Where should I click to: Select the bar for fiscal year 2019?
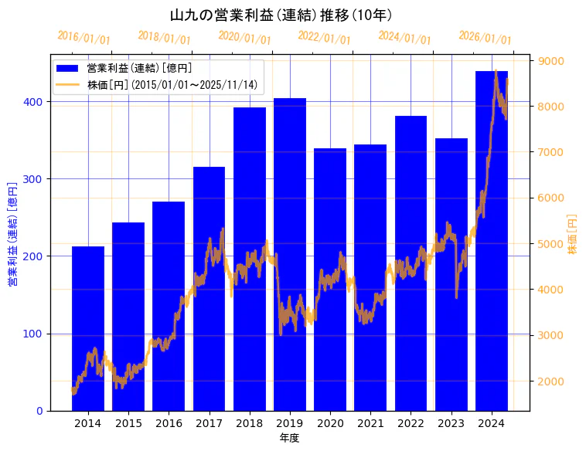pyautogui.click(x=290, y=255)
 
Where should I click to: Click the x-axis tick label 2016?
pyautogui.click(x=169, y=423)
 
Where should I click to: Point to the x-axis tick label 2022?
pyautogui.click(x=411, y=423)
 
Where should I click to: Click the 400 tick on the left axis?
pyautogui.click(x=36, y=102)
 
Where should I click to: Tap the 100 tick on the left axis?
pyautogui.click(x=36, y=334)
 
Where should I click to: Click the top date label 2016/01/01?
pyautogui.click(x=84, y=38)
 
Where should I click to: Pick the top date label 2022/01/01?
pyautogui.click(x=325, y=38)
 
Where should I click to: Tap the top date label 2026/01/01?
pyautogui.click(x=485, y=38)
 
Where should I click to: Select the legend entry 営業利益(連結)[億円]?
pyautogui.click(x=139, y=69)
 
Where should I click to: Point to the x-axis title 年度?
pyautogui.click(x=289, y=438)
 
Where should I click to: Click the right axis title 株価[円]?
pyautogui.click(x=573, y=234)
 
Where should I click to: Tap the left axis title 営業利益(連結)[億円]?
pyautogui.click(x=12, y=234)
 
